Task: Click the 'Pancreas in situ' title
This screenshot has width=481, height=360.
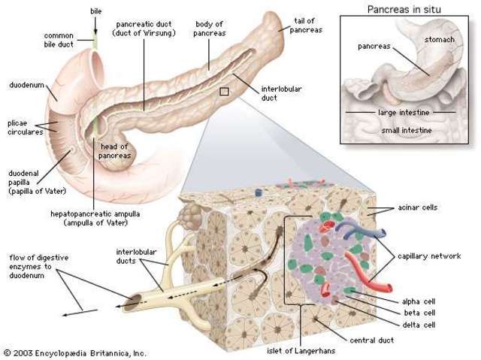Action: tap(405, 10)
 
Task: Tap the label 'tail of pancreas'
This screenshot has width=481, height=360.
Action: tap(301, 24)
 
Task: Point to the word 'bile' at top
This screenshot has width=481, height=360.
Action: tap(95, 11)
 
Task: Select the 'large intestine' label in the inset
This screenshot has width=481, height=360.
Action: tap(405, 113)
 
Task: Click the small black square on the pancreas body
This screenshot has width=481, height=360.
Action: tap(223, 92)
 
